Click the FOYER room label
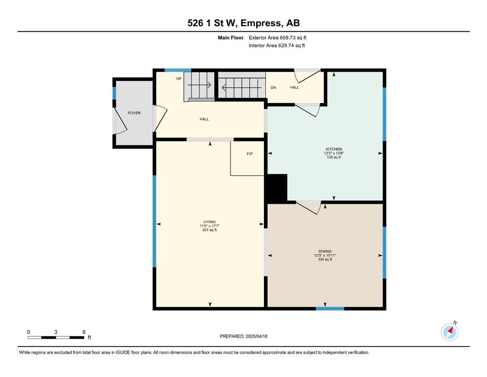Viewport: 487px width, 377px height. (134, 113)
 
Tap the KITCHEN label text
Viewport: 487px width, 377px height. (334, 149)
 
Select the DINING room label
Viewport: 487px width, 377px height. (325, 251)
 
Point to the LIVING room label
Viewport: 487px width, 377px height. (209, 222)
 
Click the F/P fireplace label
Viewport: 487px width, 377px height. (250, 154)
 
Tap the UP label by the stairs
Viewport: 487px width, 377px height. (179, 79)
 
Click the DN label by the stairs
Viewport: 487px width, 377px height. (273, 88)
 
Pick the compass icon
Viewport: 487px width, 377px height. (449, 332)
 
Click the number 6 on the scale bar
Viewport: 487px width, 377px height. (84, 332)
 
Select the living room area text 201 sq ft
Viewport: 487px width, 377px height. (209, 230)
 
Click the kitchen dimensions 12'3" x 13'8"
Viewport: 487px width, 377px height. (334, 153)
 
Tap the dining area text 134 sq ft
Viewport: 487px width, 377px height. (325, 260)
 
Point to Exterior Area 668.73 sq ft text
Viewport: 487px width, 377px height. (278, 38)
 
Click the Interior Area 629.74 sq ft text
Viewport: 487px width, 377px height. (277, 45)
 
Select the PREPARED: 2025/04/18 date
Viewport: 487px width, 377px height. (243, 336)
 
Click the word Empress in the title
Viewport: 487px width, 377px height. (261, 23)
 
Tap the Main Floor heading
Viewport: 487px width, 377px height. (231, 38)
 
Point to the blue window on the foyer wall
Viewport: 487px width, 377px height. (114, 93)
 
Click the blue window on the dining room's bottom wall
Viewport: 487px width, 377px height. (330, 309)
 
